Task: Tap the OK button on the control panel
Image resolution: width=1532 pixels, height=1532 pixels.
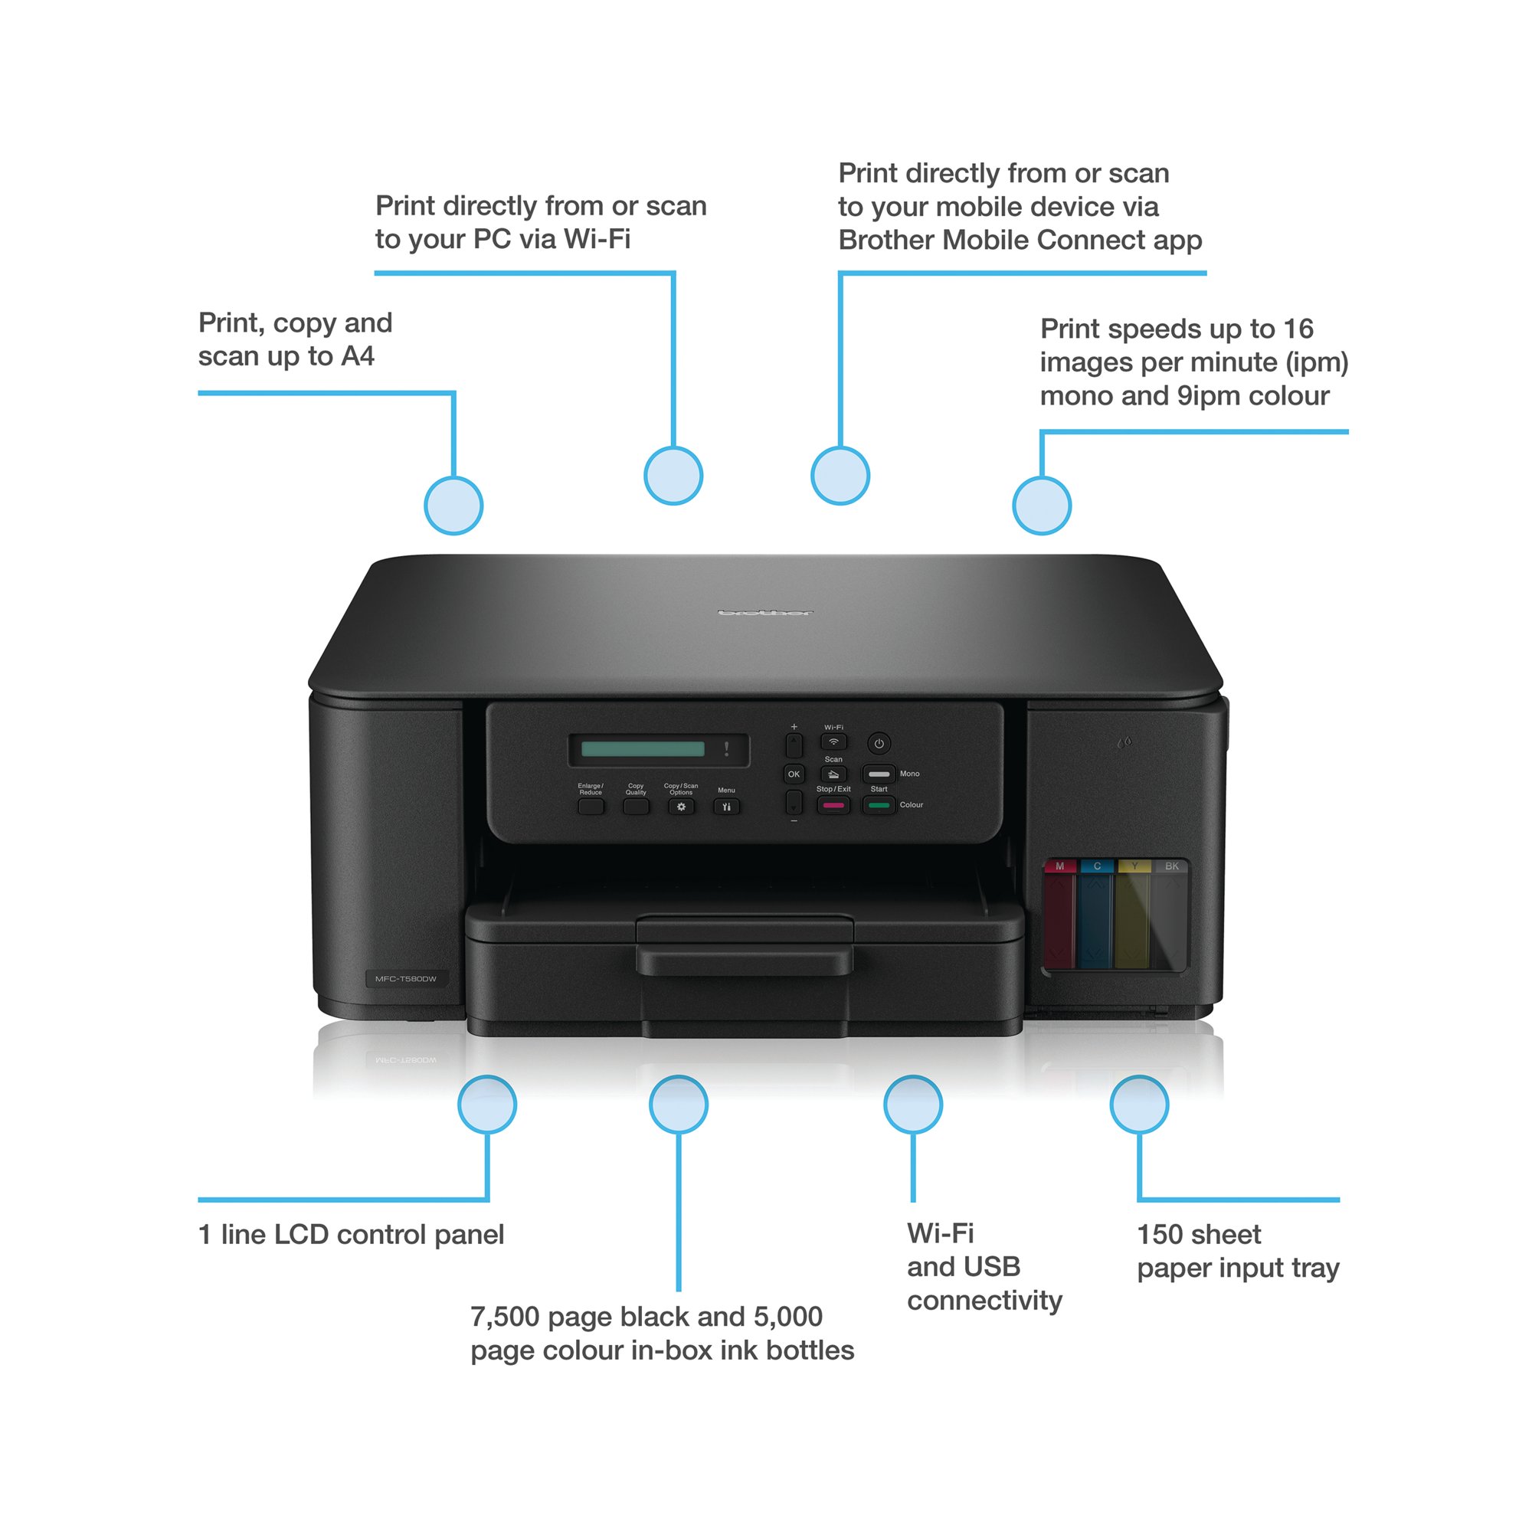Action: coord(794,774)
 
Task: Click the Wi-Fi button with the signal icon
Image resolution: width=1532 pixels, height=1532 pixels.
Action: coord(833,742)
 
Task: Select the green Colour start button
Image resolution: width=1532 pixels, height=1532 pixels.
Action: coord(879,806)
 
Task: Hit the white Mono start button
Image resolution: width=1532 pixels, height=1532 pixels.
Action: coord(879,774)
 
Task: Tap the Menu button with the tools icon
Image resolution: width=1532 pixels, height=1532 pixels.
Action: coord(726,807)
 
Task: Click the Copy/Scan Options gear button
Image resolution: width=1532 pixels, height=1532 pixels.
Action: coord(681,807)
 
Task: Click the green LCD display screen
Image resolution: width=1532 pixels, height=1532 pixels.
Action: coord(643,749)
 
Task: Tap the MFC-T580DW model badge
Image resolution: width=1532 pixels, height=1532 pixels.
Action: coord(405,979)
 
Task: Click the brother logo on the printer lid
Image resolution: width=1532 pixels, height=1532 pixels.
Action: coord(765,613)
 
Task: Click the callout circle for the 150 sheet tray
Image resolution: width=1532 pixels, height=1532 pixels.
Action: coord(1140,1105)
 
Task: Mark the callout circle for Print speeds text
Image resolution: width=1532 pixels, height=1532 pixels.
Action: coord(1042,506)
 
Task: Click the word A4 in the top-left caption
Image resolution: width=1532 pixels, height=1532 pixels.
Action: coord(358,357)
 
